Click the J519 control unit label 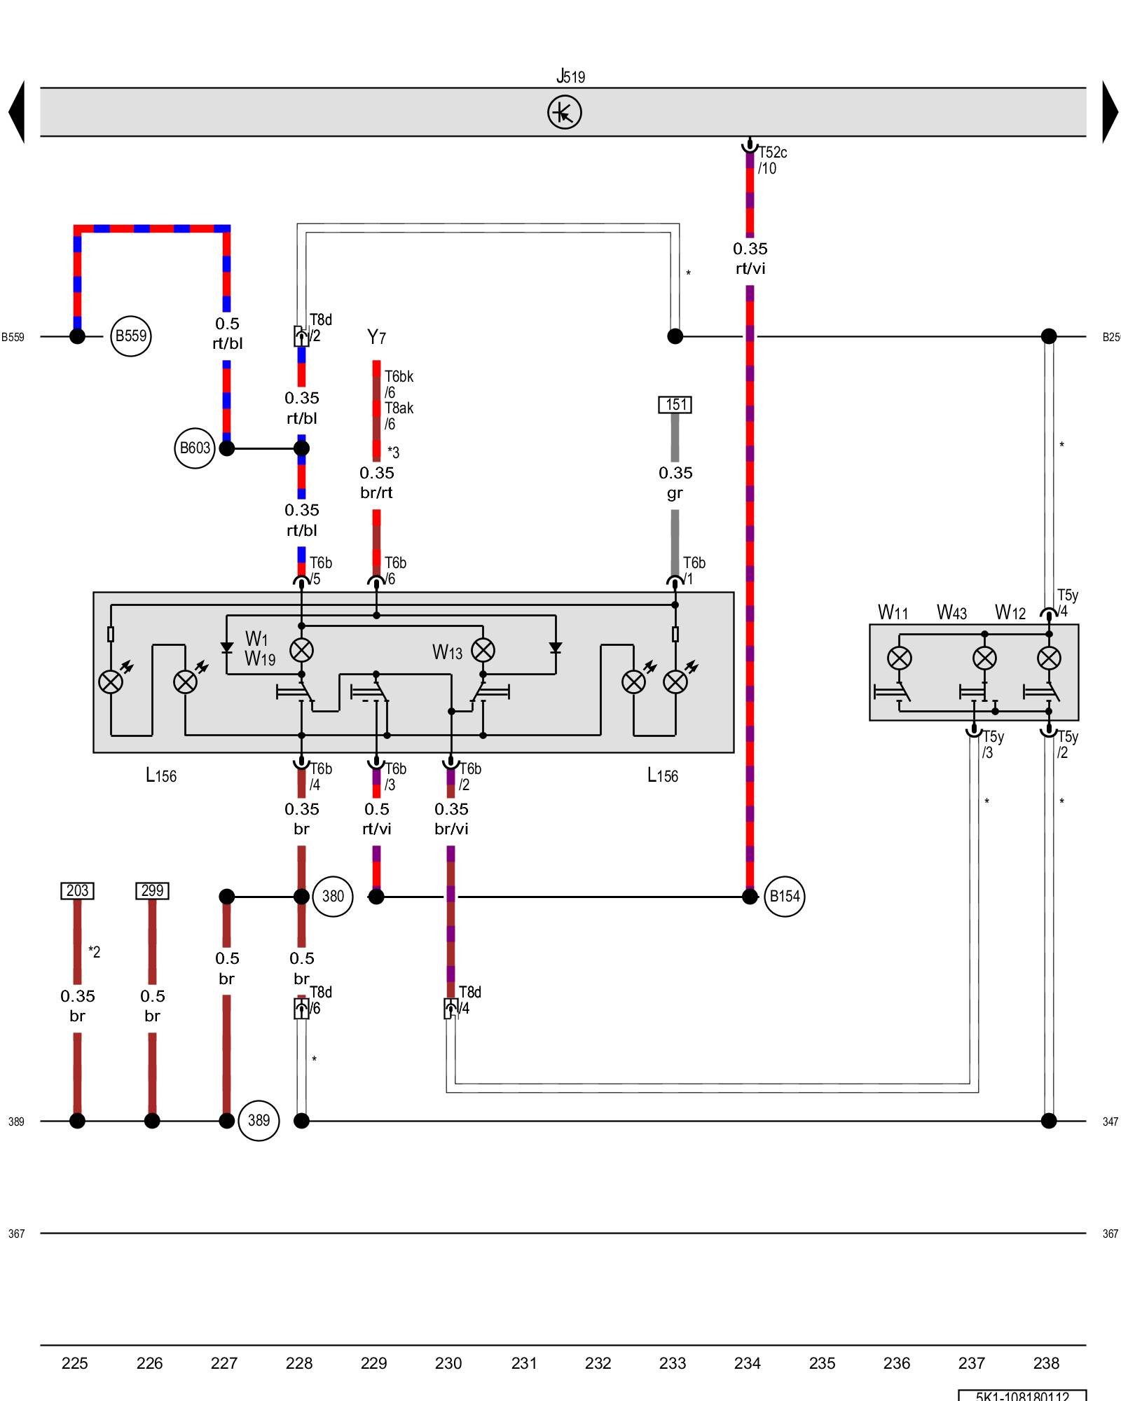[x=570, y=76]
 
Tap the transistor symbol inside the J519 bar [x=564, y=112]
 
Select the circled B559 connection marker [x=130, y=336]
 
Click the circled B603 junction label [x=194, y=448]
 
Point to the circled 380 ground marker [x=333, y=897]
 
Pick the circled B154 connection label [x=784, y=897]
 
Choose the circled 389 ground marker [x=259, y=1121]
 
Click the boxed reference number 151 [x=675, y=405]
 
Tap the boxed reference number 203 [x=77, y=891]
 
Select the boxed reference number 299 [x=152, y=891]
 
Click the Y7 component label [x=376, y=338]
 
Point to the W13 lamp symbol [x=483, y=650]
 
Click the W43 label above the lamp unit [x=951, y=613]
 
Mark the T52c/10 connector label [x=772, y=160]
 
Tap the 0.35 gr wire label [x=675, y=483]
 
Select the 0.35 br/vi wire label [x=451, y=819]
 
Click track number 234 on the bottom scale [x=748, y=1363]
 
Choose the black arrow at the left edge [x=17, y=112]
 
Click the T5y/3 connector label [x=993, y=745]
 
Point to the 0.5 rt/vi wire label [x=376, y=819]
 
